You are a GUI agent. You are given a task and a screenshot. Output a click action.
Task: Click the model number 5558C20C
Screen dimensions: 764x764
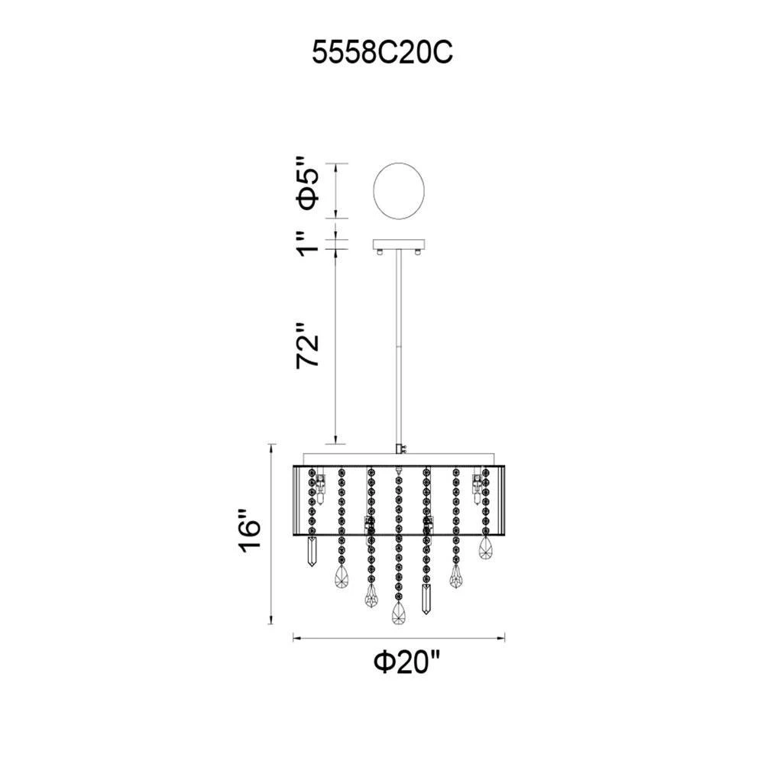click(x=383, y=52)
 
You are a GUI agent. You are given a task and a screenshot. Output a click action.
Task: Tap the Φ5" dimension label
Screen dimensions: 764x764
click(x=308, y=183)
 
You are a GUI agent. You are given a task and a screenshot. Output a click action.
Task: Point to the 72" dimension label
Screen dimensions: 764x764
click(x=309, y=345)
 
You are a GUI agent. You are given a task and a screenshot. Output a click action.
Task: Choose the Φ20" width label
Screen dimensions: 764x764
click(x=407, y=662)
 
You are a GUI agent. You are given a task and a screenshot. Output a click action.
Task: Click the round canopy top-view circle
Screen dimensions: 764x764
click(x=399, y=189)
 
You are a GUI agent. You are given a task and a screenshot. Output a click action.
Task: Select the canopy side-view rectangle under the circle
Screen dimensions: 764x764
click(x=399, y=244)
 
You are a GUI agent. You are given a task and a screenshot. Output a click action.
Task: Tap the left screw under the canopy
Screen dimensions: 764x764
click(x=380, y=251)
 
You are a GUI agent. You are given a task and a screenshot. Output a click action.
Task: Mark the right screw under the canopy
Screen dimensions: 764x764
click(x=418, y=251)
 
